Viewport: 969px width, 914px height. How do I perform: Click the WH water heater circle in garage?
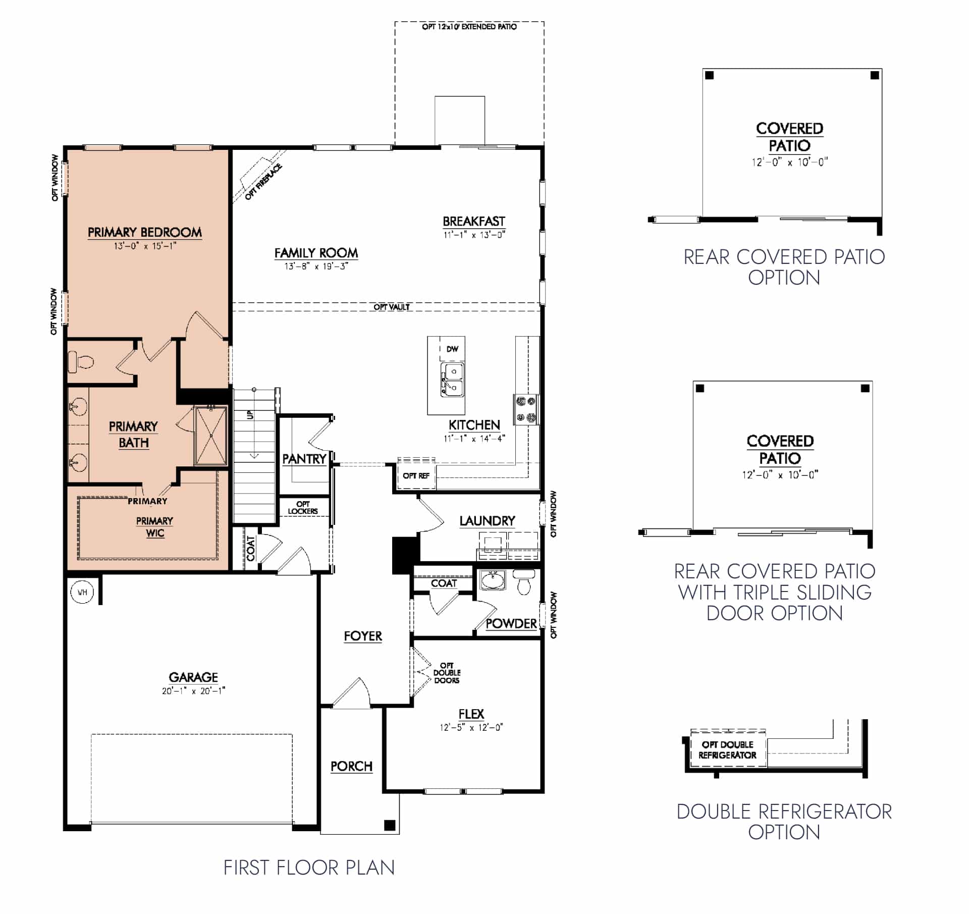[x=82, y=592]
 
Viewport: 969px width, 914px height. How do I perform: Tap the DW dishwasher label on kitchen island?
[x=452, y=349]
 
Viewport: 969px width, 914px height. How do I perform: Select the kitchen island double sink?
[x=452, y=380]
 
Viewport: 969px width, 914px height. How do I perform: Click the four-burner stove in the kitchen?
[x=526, y=409]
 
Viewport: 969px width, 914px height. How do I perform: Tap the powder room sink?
[x=492, y=580]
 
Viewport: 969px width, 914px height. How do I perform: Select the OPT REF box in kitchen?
[x=416, y=476]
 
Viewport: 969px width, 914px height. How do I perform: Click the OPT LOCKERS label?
[x=303, y=508]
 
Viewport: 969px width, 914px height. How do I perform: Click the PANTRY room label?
[x=304, y=459]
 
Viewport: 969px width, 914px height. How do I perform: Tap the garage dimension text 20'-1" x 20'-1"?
[x=193, y=691]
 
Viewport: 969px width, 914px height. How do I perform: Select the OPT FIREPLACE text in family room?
[x=263, y=182]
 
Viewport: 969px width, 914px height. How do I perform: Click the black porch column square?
[x=390, y=826]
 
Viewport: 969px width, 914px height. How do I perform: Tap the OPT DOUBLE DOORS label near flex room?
[x=447, y=673]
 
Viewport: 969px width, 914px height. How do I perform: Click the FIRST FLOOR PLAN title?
[x=309, y=868]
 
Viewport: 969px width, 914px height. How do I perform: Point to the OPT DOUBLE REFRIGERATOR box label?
[x=727, y=750]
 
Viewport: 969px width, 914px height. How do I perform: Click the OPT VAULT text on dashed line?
[x=392, y=307]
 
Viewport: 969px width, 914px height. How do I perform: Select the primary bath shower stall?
[x=211, y=436]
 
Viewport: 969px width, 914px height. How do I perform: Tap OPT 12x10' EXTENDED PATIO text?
[x=469, y=27]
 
